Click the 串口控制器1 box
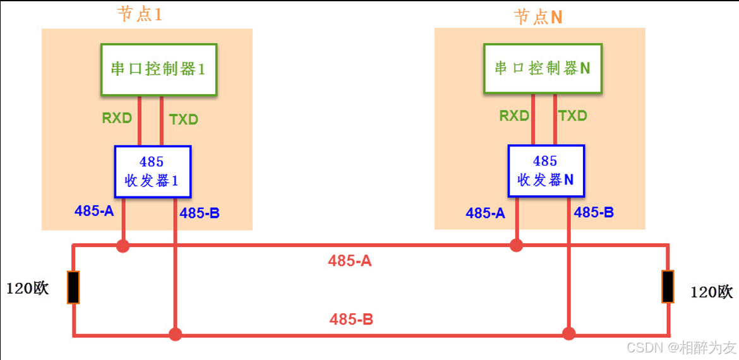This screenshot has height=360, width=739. pyautogui.click(x=159, y=69)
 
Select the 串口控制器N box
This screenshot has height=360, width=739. pyautogui.click(x=542, y=68)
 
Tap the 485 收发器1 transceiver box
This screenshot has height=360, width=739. pyautogui.click(x=152, y=171)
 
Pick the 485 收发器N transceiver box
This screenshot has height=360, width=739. pyautogui.click(x=546, y=171)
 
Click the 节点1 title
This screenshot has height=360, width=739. pyautogui.click(x=140, y=15)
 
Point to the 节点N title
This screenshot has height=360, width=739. pyautogui.click(x=538, y=17)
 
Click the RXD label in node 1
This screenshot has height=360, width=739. pyautogui.click(x=117, y=118)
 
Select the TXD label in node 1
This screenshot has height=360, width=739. pyautogui.click(x=184, y=119)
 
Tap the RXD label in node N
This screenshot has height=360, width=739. pyautogui.click(x=514, y=116)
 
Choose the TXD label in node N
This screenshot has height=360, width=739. pyautogui.click(x=573, y=116)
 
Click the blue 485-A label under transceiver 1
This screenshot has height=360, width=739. pyautogui.click(x=94, y=212)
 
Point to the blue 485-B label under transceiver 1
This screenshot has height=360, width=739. pyautogui.click(x=200, y=213)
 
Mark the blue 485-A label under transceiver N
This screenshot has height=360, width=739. pyautogui.click(x=486, y=213)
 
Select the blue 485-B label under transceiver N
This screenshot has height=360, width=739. pyautogui.click(x=594, y=213)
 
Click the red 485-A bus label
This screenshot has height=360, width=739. pyautogui.click(x=350, y=260)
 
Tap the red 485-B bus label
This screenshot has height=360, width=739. pyautogui.click(x=351, y=320)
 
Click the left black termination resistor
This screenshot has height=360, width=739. pyautogui.click(x=73, y=287)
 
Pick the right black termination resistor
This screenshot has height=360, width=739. pyautogui.click(x=668, y=286)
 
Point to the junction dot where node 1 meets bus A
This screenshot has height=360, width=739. pyautogui.click(x=123, y=246)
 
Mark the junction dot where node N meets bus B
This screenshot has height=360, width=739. pyautogui.click(x=569, y=333)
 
